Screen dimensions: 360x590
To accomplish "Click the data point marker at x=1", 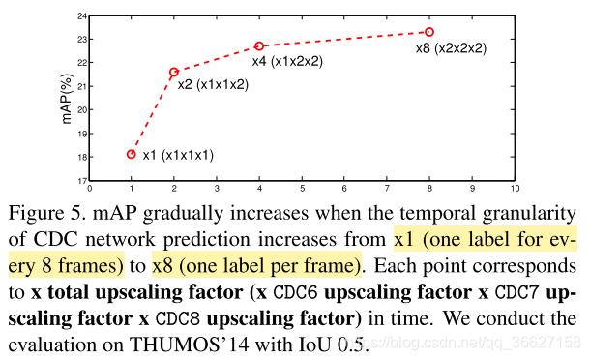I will tap(132, 154).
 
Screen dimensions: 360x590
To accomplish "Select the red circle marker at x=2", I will tap(174, 72).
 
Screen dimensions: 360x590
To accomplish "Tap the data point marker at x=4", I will tap(259, 45).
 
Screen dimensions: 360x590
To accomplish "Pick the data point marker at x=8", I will tap(429, 32).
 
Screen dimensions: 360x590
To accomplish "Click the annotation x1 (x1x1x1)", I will tap(178, 155).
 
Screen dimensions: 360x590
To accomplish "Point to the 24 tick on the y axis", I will tap(82, 15).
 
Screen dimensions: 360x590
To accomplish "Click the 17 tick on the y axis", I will tap(82, 180).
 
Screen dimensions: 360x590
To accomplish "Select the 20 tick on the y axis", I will tap(82, 109).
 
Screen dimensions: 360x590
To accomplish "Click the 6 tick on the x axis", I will tap(344, 189).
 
